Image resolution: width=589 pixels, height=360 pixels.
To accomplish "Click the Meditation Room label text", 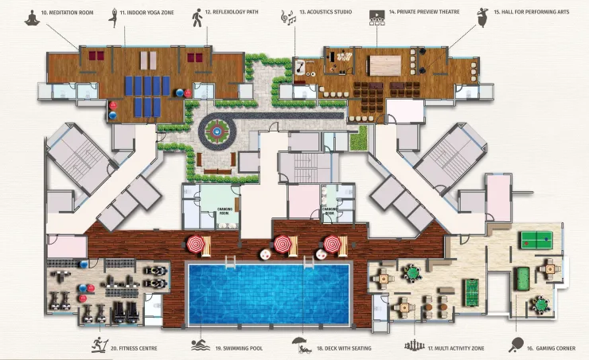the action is (67, 13).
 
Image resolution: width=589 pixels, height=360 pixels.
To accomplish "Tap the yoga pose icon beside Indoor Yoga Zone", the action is (113, 18).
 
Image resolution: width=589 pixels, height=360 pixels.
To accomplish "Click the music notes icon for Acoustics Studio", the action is (288, 18).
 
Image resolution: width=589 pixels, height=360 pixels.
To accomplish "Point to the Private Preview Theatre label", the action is (424, 12).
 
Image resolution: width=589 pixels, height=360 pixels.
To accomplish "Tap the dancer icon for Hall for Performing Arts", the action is (482, 17).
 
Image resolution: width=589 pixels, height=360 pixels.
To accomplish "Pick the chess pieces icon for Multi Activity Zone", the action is (415, 346).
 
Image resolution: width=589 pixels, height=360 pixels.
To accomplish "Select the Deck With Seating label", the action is (344, 348).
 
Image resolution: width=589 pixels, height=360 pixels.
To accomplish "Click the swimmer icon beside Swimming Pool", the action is (201, 346).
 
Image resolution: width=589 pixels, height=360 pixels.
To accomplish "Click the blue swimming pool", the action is (269, 294).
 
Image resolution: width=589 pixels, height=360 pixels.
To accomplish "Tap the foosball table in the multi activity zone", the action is (471, 292).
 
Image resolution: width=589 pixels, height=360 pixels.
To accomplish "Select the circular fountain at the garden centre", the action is (216, 131).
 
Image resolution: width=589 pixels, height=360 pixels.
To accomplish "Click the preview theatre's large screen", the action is (385, 65).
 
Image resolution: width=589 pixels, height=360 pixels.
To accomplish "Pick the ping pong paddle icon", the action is (517, 344).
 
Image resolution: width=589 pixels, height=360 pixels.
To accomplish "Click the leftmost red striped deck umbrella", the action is (195, 245).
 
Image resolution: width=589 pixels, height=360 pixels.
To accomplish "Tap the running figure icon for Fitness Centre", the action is (99, 345).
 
